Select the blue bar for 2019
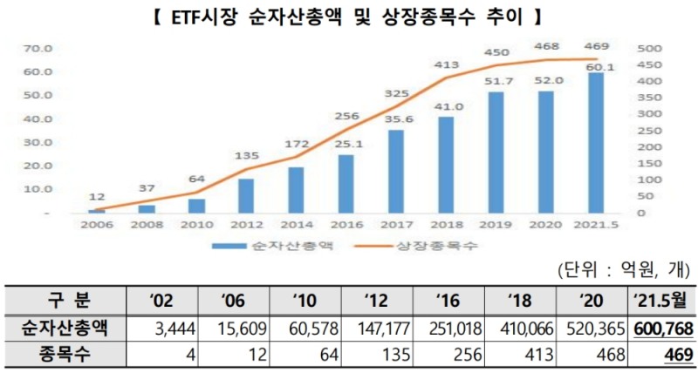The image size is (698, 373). (495, 153)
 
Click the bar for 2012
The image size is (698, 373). (246, 196)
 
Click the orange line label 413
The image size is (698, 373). (447, 64)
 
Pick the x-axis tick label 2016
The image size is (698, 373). (346, 225)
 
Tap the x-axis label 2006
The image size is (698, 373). (97, 225)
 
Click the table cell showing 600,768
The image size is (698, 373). (660, 328)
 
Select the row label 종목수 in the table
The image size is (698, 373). (62, 354)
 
